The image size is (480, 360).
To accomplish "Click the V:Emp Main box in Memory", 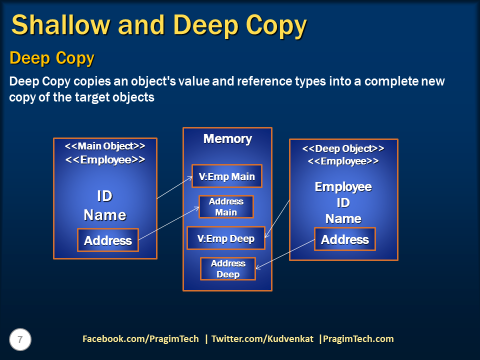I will point(227,176).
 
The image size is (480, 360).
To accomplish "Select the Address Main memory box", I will point(226,207).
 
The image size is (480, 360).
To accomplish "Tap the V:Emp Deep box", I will point(225,238).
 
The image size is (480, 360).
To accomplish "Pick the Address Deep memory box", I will point(228,269).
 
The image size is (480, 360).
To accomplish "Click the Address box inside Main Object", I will point(108,240).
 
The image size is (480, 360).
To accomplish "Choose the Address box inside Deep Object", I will point(344,239).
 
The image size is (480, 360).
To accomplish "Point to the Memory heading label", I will point(227,139).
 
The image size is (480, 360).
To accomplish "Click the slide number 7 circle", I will point(20,340).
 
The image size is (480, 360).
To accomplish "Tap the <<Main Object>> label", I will point(105,146).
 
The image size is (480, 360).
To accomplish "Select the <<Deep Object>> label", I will point(343,148).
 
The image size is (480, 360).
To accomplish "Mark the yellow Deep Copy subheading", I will point(51,58).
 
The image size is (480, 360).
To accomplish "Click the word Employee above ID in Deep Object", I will point(343,187).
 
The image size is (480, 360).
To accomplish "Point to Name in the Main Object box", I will point(104,215).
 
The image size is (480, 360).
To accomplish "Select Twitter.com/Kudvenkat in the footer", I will point(262,339).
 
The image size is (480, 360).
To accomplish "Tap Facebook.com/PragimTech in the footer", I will point(140,339).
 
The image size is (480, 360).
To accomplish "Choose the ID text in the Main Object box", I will point(104,195).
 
